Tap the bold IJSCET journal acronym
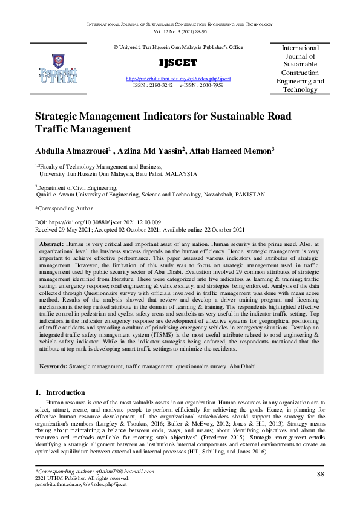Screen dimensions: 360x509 178,63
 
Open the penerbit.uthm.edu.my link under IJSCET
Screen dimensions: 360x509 178,79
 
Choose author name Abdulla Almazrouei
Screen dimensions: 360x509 71,151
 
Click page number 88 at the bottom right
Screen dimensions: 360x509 320,458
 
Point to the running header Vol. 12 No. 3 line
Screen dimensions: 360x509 180,30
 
